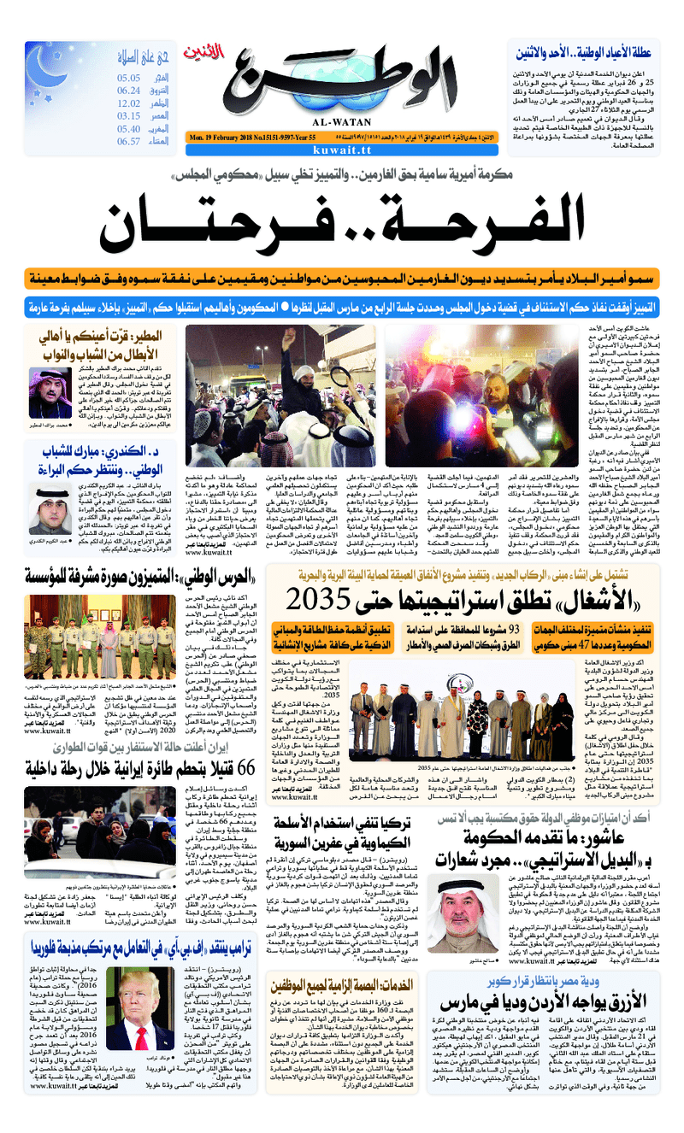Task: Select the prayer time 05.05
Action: pos(129,78)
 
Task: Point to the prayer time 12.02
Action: pos(129,103)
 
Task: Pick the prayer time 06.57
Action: pos(129,142)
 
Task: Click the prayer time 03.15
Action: pos(129,116)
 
